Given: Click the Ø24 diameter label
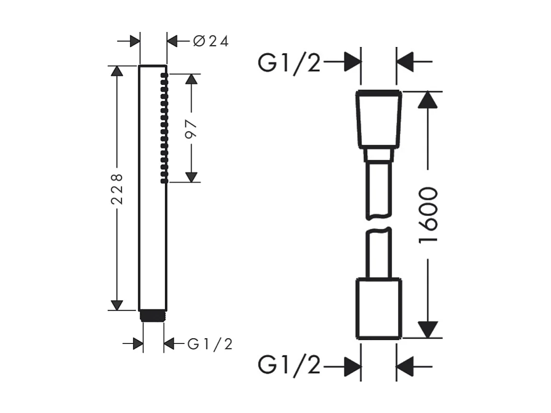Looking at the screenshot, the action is coord(211,41).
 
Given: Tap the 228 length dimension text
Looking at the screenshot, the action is coord(117,189).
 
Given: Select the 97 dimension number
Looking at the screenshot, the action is coord(191,129).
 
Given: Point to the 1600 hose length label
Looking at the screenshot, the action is coord(428,214).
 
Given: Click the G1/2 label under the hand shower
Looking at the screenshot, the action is coord(210,344).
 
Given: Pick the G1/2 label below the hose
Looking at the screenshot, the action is coord(289,365).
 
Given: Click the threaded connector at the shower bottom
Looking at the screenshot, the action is coord(153,316).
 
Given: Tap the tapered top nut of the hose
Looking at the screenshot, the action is coord(379,119).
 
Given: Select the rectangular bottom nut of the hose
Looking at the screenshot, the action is coord(379,308).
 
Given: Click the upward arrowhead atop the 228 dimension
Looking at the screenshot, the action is coord(117,71).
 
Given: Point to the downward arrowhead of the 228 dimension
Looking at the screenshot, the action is coord(117,305).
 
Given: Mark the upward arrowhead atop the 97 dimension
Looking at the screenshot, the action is coord(191,79).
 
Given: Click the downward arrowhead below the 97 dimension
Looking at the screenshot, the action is coord(191,177).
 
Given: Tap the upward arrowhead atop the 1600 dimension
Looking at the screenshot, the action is coord(428,100).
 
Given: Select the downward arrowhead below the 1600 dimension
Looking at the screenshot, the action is coord(428,330).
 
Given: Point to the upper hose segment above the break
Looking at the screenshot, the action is coord(379,190).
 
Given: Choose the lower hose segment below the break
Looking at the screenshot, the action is coord(379,253).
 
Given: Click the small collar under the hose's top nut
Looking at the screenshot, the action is coord(379,154).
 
